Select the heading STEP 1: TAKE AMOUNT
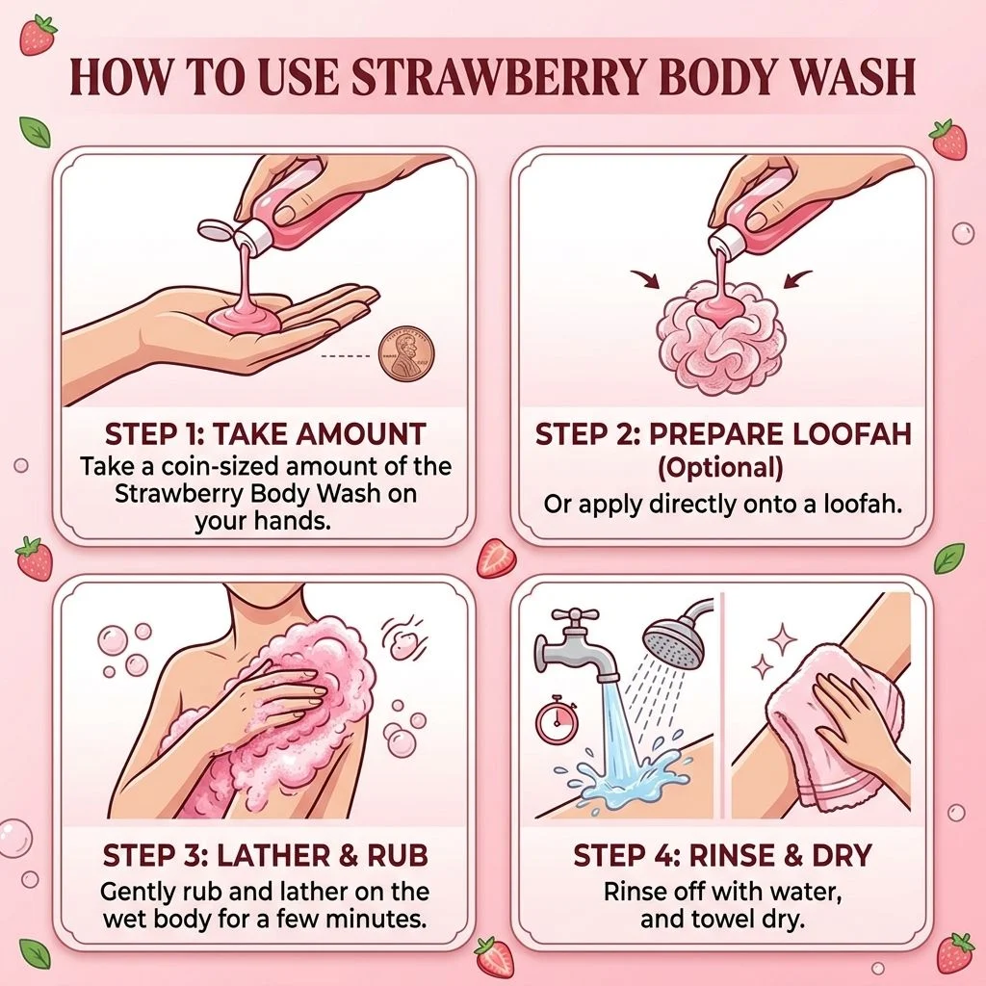(265, 434)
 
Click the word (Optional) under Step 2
(720, 469)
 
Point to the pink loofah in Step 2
(719, 335)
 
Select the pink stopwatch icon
(557, 719)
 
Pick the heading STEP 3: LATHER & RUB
(265, 855)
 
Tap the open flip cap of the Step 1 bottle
(214, 229)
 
